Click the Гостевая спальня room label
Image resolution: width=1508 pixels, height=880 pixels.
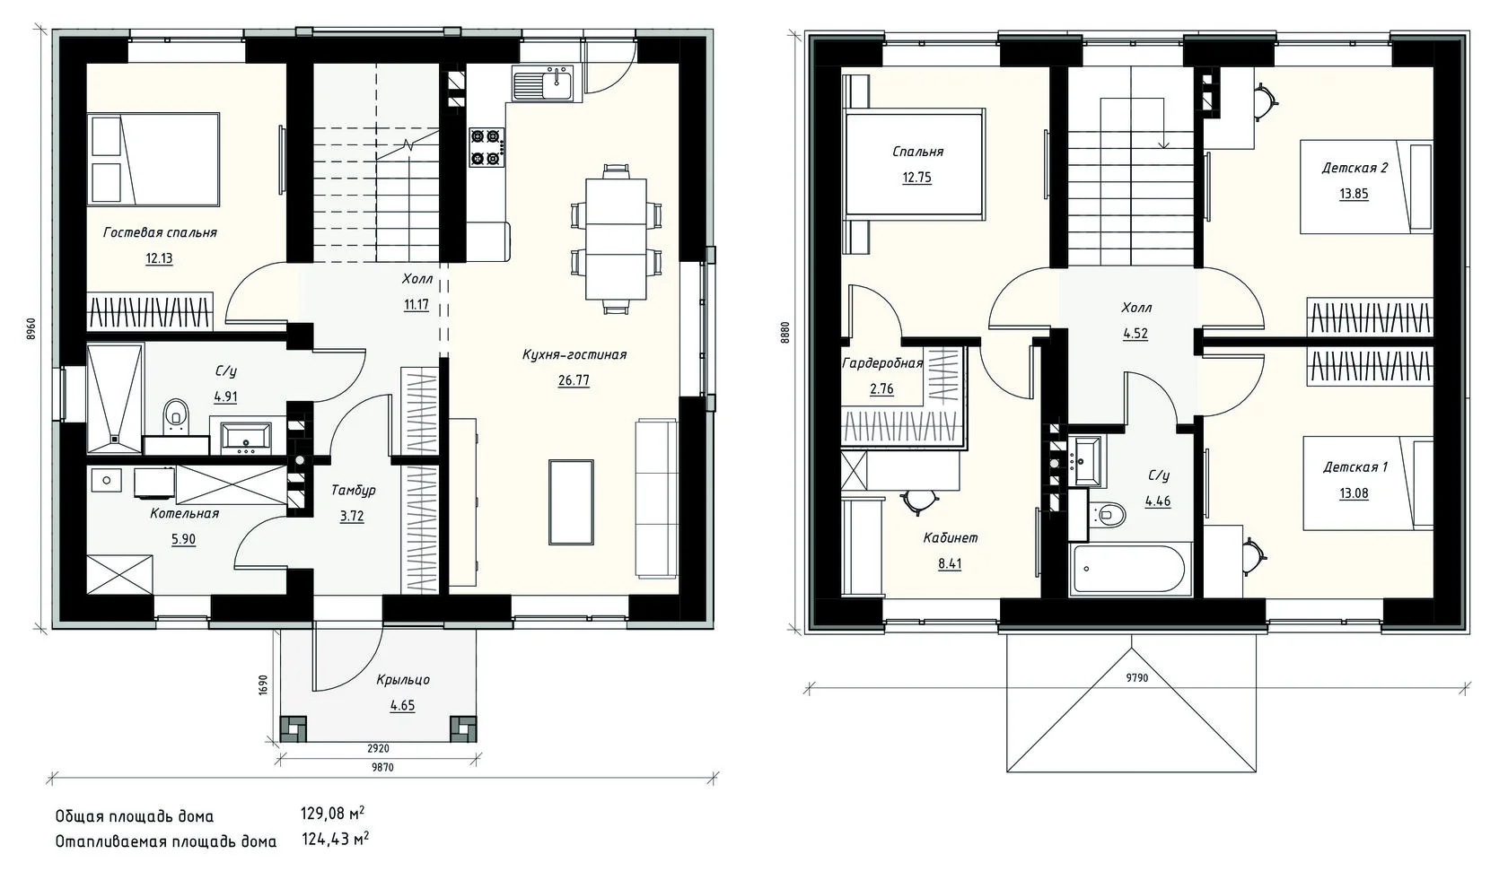[x=160, y=233]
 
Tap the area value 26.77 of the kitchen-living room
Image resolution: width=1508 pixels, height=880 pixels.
[x=574, y=380]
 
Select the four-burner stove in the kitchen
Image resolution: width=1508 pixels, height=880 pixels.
[x=487, y=147]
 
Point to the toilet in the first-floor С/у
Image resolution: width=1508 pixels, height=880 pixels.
[x=176, y=416]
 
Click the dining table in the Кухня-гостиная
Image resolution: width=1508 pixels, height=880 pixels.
[x=616, y=239]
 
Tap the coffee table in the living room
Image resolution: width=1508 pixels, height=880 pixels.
[x=571, y=502]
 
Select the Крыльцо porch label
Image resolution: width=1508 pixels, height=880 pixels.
[x=403, y=680]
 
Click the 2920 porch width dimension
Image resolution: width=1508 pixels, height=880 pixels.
[x=379, y=748]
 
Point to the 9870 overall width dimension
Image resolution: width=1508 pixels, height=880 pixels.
[x=382, y=768]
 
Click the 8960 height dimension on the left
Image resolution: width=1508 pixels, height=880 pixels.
[x=31, y=330]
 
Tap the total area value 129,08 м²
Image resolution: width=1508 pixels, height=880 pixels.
[x=332, y=815]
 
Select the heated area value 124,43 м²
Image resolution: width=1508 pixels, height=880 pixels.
[x=335, y=840]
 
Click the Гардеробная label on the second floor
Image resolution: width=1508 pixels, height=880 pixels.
[x=881, y=364]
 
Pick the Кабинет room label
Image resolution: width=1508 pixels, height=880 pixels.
[x=950, y=538]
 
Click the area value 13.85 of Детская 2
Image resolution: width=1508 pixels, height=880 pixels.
[x=1354, y=194]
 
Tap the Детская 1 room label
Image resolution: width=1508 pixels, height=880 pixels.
[x=1355, y=466]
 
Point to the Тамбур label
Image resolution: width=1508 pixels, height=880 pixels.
[x=353, y=491]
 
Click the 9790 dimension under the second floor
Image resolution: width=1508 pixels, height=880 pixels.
[x=1137, y=678]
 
